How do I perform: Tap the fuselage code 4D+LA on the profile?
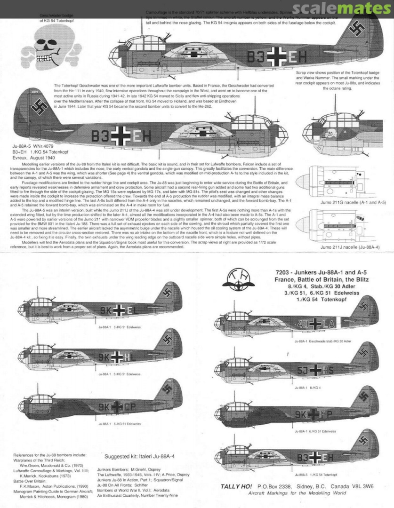(x=315, y=323)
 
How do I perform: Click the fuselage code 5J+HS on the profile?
(x=315, y=370)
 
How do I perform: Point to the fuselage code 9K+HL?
(x=119, y=357)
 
